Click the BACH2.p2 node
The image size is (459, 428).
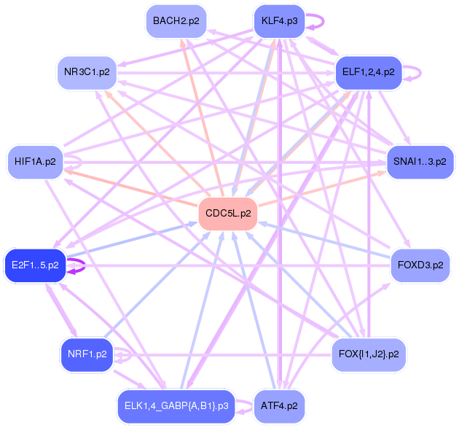pos(176,21)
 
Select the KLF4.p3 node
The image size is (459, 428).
pos(279,21)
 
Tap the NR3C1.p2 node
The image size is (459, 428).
pos(87,72)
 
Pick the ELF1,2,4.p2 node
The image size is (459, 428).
pos(368,72)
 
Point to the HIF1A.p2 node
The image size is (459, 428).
pos(35,162)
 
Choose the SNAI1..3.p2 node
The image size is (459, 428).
pos(420,162)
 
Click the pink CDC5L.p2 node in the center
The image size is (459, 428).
pos(228,214)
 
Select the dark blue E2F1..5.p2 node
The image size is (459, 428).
pos(35,265)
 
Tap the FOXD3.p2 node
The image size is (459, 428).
pos(420,265)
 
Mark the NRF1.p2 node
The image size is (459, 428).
pos(87,354)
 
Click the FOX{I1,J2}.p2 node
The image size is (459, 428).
pos(368,354)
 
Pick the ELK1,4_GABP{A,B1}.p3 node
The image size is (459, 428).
pos(176,406)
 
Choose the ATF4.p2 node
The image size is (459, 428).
pos(279,406)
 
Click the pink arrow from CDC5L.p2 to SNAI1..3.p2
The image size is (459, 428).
pos(322,189)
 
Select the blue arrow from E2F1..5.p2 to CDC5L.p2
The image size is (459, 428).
pos(132,239)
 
